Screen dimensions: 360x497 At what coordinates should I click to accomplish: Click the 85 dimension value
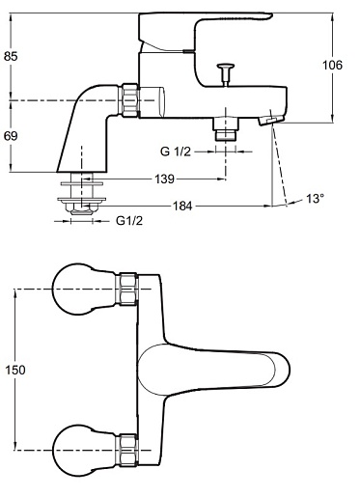(x=11, y=56)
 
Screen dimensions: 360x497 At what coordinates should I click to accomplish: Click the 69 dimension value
(x=11, y=136)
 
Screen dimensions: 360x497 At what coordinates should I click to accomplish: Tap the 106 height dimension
(x=333, y=65)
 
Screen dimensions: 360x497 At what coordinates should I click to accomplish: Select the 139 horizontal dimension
(x=165, y=179)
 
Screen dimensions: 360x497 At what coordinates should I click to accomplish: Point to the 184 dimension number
(x=182, y=206)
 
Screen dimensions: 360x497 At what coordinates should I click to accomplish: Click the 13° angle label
(x=315, y=199)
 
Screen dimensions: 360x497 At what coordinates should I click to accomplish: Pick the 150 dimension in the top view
(x=15, y=370)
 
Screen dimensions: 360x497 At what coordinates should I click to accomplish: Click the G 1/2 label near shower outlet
(x=176, y=152)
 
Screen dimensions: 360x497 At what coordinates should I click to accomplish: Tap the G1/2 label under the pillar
(x=129, y=221)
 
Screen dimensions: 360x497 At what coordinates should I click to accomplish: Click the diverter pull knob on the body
(x=226, y=74)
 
